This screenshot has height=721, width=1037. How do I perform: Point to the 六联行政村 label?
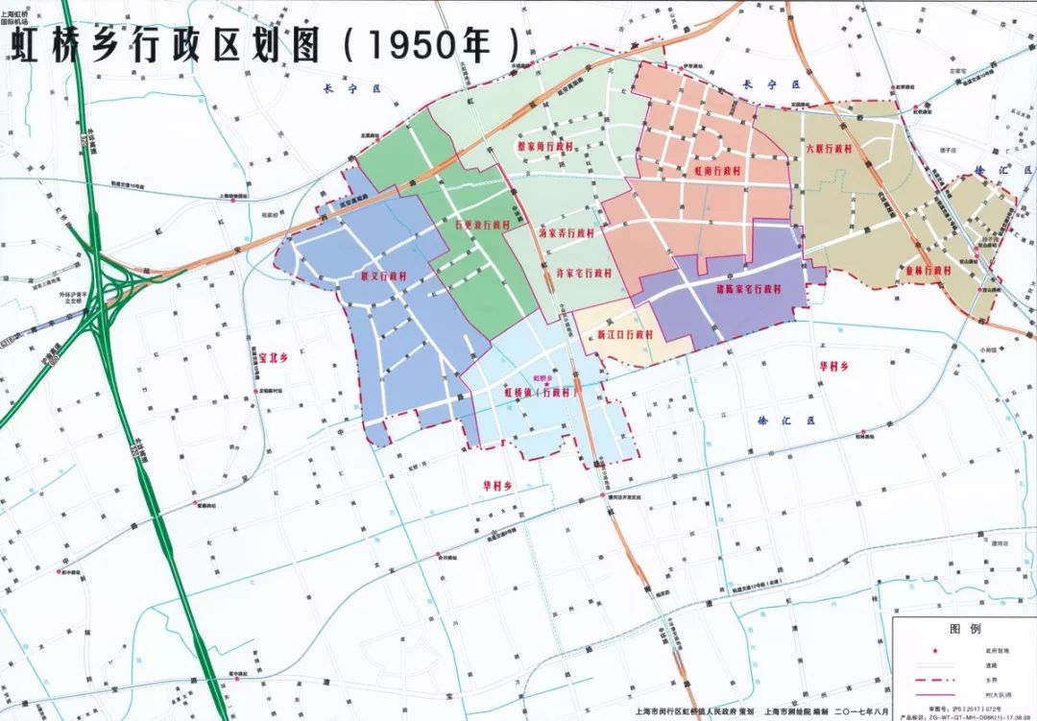point(830,150)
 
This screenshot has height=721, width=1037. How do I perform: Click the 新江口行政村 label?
point(624,335)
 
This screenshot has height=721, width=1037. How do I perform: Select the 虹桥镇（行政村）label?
point(543,392)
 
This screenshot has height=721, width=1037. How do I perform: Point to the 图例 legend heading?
point(963,629)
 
